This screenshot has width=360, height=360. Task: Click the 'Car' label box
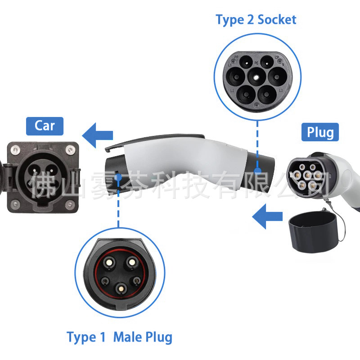tap(45, 126)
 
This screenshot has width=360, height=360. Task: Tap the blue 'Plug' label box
tap(320, 132)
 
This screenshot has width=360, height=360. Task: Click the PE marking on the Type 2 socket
tap(256, 63)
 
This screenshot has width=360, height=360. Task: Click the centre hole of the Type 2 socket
tap(256, 77)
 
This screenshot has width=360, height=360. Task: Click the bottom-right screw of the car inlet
tap(69, 205)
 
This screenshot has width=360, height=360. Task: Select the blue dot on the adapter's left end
tap(118, 177)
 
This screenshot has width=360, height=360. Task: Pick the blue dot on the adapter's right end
tap(257, 171)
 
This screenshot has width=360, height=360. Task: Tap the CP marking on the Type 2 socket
tap(276, 58)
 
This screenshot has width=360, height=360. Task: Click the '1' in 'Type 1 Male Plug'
tap(103, 337)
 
